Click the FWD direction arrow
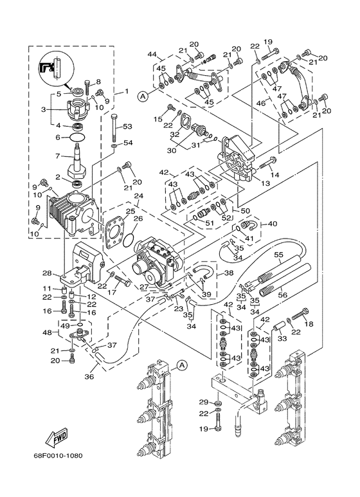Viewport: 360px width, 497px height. click(57, 438)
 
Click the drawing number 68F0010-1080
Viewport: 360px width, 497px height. click(59, 456)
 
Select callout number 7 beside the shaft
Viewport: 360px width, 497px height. click(58, 156)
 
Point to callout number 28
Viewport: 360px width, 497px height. click(47, 273)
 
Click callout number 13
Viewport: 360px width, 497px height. click(265, 183)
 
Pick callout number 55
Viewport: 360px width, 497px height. click(279, 254)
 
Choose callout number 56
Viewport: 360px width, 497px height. click(282, 294)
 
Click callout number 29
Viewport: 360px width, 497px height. click(204, 402)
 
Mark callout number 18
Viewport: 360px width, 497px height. click(309, 323)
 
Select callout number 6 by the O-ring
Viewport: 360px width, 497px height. click(58, 137)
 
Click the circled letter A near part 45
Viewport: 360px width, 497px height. click(143, 96)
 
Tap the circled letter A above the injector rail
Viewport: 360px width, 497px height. click(181, 365)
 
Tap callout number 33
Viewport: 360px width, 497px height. click(282, 339)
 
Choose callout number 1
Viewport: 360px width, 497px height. click(127, 91)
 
